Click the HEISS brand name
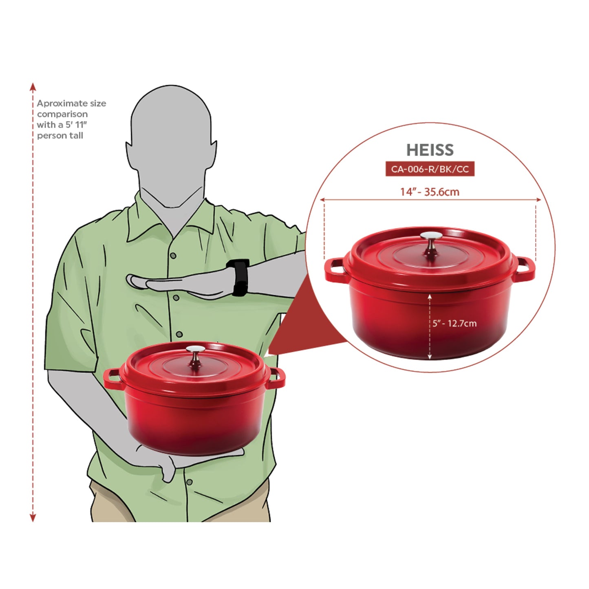(430, 150)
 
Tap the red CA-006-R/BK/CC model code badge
(430, 169)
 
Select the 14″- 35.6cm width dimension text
(430, 192)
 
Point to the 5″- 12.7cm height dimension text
(454, 323)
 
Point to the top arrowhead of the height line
(33, 86)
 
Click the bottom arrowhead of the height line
(33, 518)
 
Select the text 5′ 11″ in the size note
(76, 125)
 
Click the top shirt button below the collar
(173, 256)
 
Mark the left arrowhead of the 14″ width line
(322, 200)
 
